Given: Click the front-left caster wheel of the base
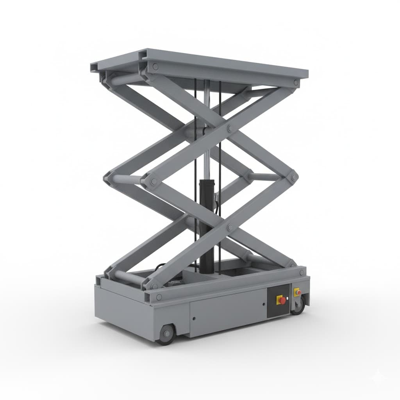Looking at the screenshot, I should (167, 334).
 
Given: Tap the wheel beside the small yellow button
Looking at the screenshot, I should (299, 305).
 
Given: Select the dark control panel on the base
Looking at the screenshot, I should (278, 301).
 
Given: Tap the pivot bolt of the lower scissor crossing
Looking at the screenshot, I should (230, 226).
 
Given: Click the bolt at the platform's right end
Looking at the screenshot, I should (296, 82).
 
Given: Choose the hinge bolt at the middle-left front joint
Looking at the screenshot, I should (154, 181).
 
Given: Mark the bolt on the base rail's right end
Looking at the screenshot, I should (301, 272).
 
